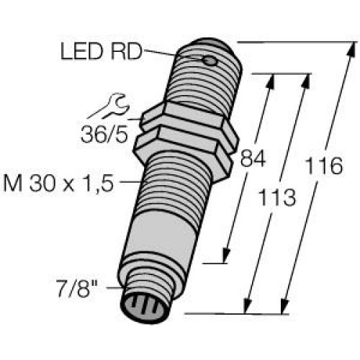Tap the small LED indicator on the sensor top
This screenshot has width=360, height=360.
point(210,61)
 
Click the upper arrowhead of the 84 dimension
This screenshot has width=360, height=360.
point(271,79)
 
